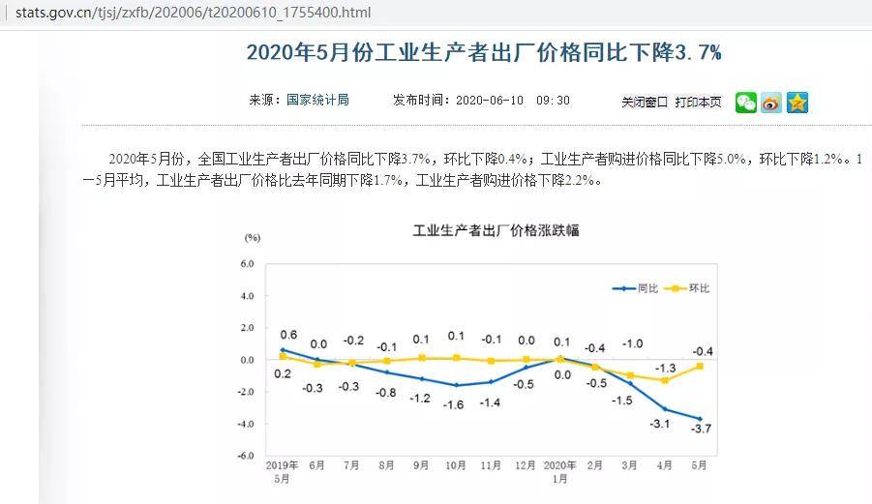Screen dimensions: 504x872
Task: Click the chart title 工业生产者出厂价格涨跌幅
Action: [x=496, y=230]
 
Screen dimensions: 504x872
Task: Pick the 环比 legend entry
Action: [x=698, y=288]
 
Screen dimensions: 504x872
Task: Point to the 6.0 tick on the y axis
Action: [x=246, y=263]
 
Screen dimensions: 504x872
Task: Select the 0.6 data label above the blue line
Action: [x=287, y=335]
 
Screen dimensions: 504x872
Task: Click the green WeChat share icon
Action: [x=745, y=103]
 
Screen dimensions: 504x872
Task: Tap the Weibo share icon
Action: [x=771, y=103]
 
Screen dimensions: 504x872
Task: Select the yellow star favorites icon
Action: [x=797, y=103]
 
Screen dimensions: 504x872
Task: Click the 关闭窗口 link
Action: [x=645, y=102]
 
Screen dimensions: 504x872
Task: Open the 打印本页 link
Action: [x=698, y=102]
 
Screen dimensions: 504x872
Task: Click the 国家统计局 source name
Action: [x=317, y=100]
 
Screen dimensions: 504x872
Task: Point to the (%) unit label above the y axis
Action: [x=252, y=236]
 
